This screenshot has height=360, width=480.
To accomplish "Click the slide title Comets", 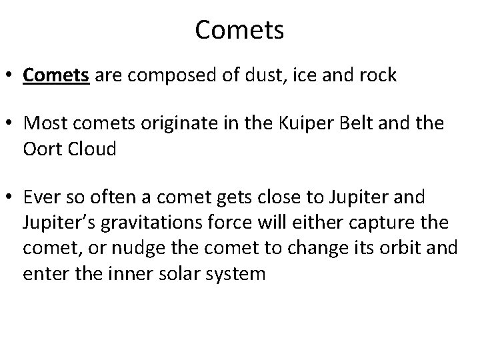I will coord(239,30).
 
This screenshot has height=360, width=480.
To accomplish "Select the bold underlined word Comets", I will coord(56,75).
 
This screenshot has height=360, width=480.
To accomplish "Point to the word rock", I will coord(376,75).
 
